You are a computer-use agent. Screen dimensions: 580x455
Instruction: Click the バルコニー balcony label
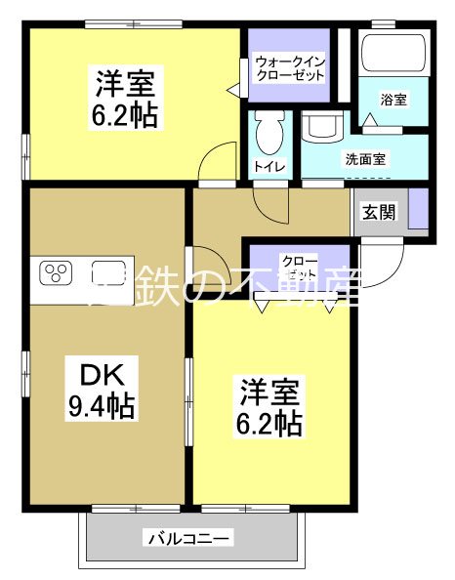pos(188,538)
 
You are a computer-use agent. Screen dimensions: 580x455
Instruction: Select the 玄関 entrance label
pos(380,213)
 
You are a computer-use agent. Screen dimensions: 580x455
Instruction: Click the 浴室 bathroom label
pos(394,100)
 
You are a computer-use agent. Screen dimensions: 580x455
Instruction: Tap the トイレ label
pos(269,167)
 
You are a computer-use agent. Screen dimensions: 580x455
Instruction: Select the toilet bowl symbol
pos(269,128)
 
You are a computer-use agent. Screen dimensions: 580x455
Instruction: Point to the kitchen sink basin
pos(107,270)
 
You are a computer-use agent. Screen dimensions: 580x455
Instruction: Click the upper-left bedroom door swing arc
pos(219,161)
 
